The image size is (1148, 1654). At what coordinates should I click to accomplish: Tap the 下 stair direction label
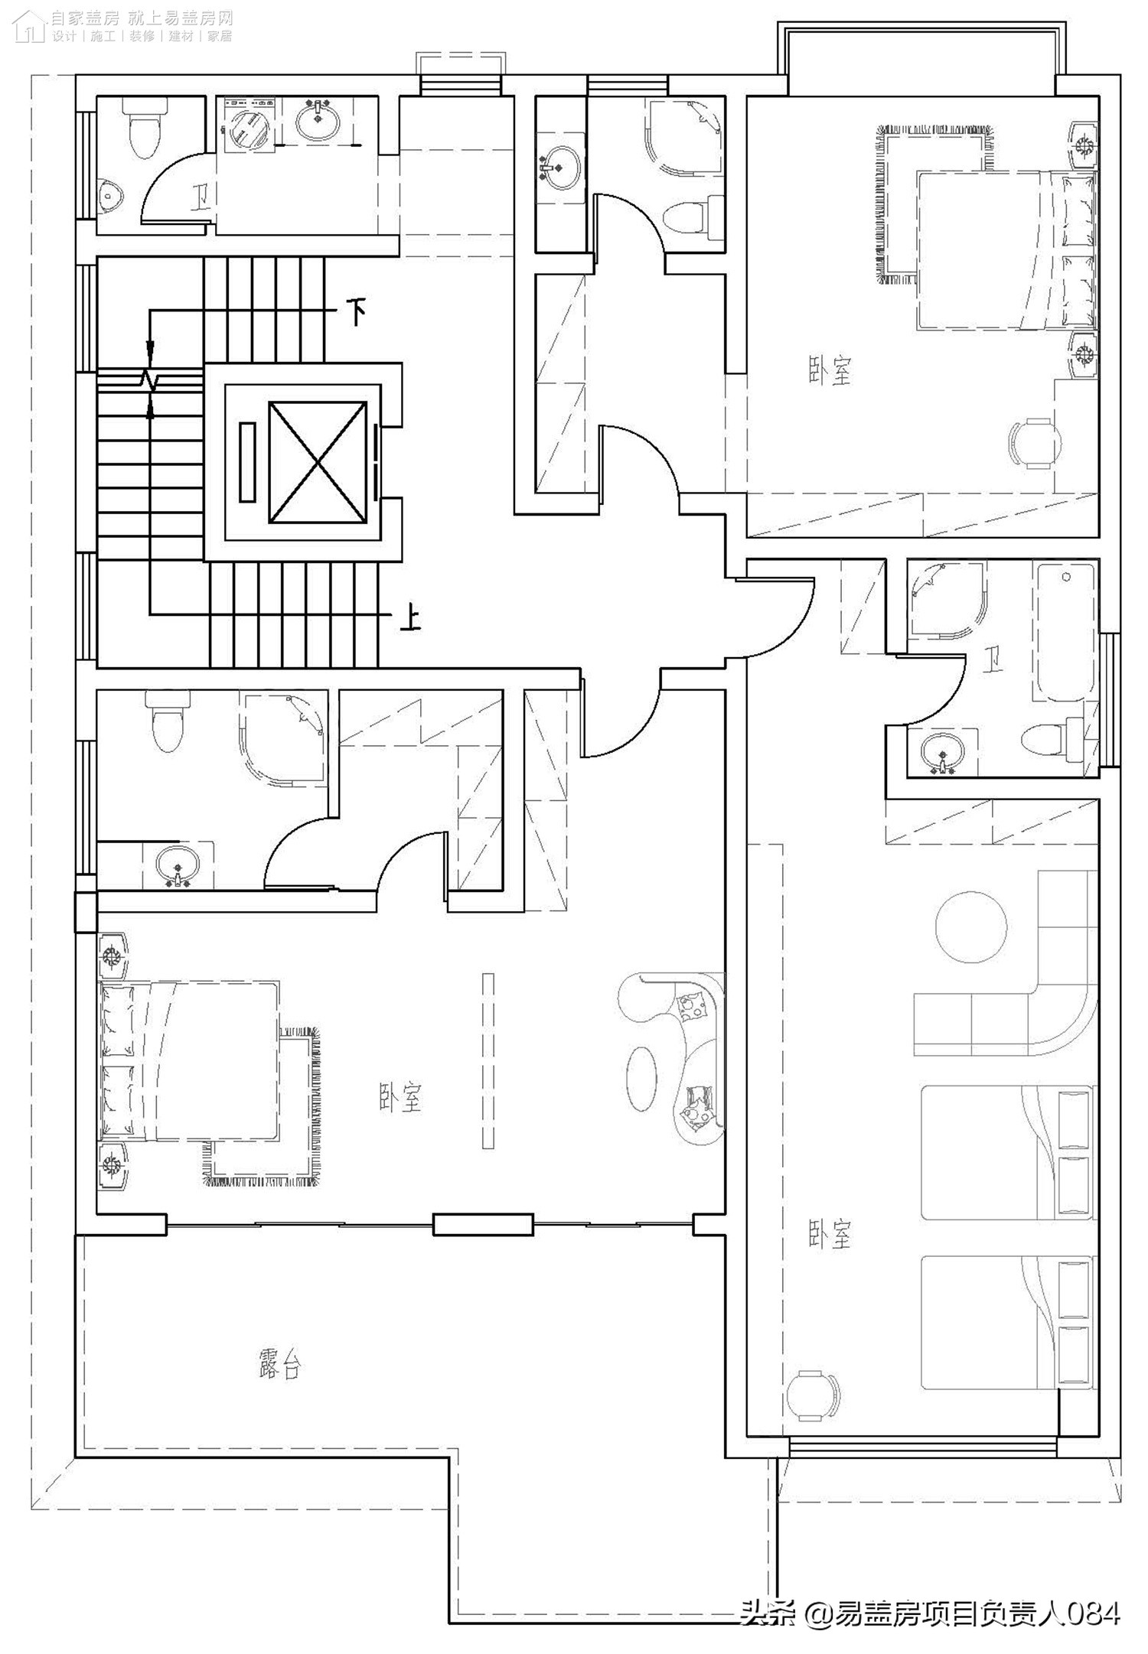pyautogui.click(x=356, y=311)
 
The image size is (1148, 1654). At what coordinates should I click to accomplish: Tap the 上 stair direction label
pyautogui.click(x=410, y=617)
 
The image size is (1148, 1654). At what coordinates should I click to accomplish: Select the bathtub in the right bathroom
pyautogui.click(x=1064, y=632)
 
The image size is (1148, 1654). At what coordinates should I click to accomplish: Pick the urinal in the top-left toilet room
pyautogui.click(x=113, y=196)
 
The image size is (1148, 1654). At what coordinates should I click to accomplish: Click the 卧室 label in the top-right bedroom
pyautogui.click(x=830, y=371)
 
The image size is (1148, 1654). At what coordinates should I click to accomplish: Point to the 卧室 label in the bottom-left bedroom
pyautogui.click(x=400, y=1097)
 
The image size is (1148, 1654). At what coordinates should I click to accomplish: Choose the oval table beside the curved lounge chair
pyautogui.click(x=642, y=1078)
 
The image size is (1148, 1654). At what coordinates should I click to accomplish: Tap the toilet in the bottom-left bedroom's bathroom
pyautogui.click(x=168, y=720)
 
